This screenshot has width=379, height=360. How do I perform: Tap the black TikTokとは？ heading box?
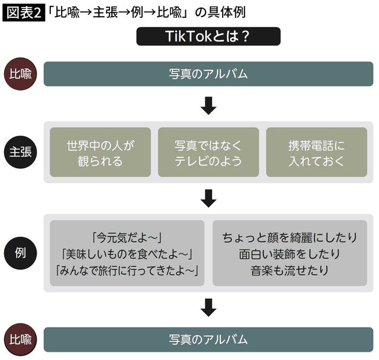pos(208,37)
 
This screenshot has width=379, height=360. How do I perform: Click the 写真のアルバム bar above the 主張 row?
pos(208,74)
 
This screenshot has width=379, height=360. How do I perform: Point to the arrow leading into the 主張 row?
pos(208,106)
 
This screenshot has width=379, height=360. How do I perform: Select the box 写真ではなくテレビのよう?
pos(208,152)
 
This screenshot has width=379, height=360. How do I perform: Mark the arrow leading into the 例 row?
pos(208,198)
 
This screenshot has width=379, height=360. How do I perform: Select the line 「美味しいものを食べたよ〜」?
pos(127,253)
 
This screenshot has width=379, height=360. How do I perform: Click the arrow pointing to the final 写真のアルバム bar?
pos(208,307)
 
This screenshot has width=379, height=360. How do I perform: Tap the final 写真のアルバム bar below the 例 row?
pos(208,340)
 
